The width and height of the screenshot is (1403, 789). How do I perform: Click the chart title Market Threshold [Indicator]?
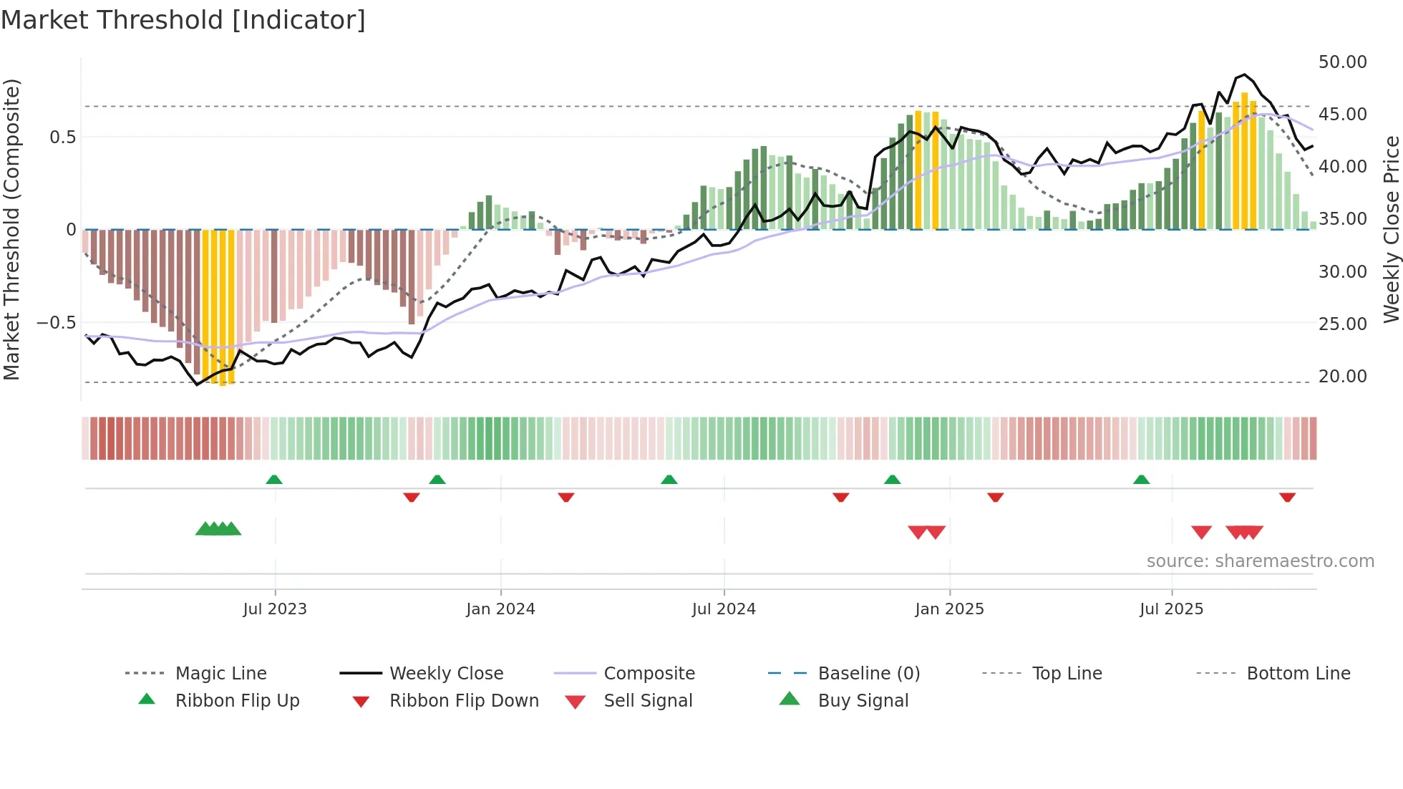(x=183, y=20)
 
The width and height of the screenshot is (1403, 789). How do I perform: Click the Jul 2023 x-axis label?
(x=275, y=609)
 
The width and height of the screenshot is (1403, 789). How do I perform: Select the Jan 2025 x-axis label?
(x=949, y=609)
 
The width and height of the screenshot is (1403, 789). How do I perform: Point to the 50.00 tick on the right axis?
(x=1342, y=62)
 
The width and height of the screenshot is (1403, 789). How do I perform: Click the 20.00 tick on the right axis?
(x=1342, y=376)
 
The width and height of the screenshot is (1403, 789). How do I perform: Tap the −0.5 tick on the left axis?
(x=56, y=322)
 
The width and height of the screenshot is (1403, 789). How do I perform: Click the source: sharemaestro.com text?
(x=1260, y=561)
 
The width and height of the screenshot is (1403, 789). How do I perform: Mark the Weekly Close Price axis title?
(x=1391, y=229)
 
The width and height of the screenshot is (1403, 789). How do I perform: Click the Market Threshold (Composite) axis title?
(x=11, y=229)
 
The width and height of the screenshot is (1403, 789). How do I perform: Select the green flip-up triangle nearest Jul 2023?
(x=274, y=480)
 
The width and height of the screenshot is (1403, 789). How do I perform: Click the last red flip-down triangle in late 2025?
(x=1287, y=497)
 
